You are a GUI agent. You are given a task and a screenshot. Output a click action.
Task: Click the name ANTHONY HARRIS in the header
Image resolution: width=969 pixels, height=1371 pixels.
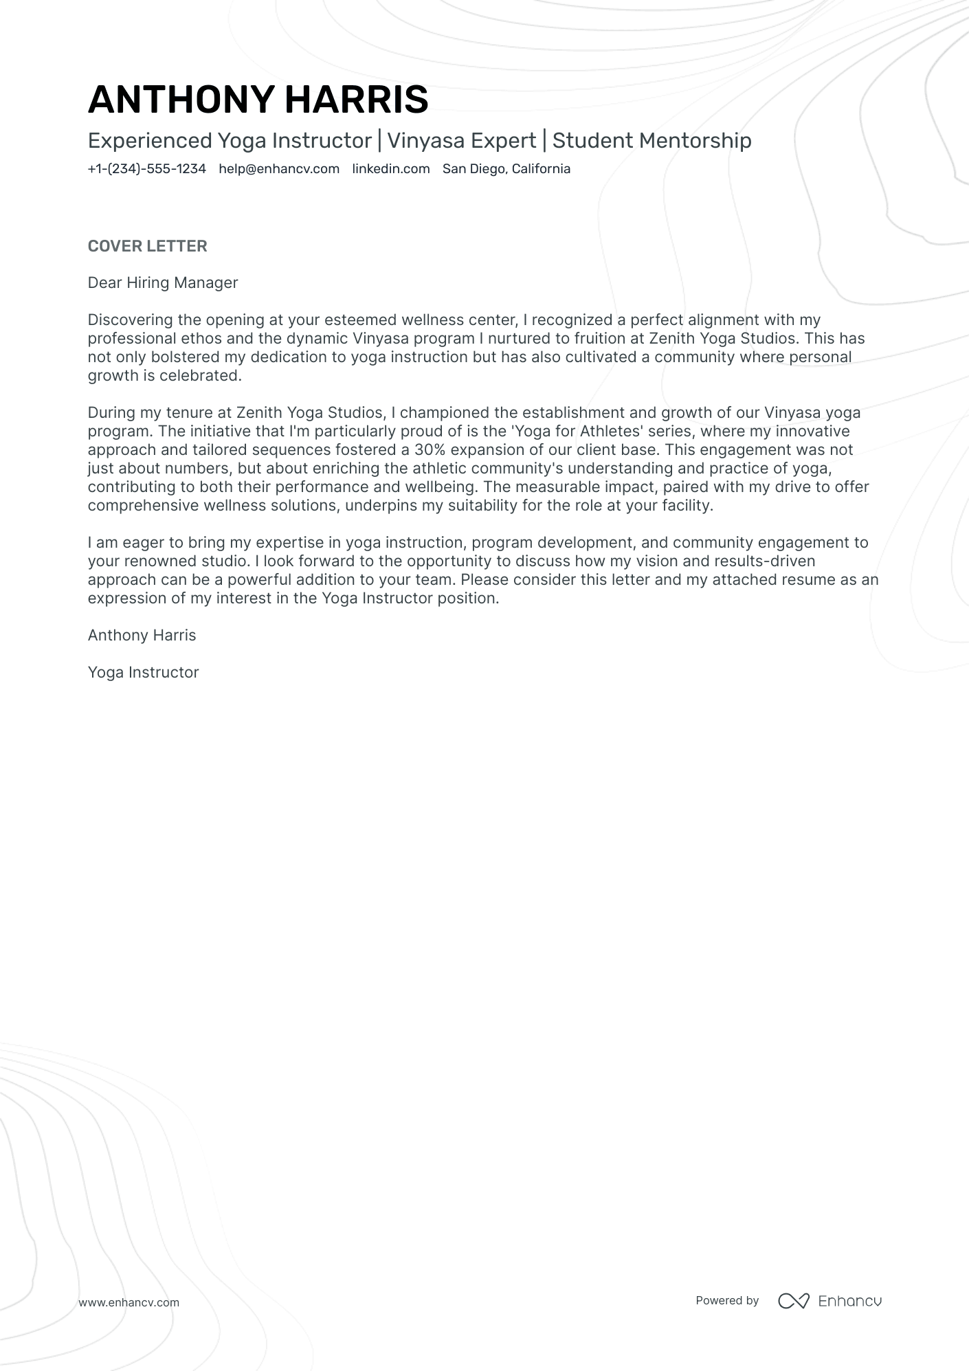point(258,100)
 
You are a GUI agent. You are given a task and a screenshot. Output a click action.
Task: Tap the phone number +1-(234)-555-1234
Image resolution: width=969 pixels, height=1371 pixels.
point(146,169)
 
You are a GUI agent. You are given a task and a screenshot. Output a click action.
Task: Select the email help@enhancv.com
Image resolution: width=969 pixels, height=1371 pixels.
point(279,169)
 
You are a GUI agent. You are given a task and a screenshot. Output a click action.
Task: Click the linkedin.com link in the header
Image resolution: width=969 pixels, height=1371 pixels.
point(390,169)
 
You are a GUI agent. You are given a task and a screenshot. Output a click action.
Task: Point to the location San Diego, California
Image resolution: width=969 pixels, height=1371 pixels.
point(506,169)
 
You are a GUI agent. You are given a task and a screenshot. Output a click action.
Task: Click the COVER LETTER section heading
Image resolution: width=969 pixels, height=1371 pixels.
point(147,246)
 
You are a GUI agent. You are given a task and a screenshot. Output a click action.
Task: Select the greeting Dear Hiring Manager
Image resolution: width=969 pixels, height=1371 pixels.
point(162,283)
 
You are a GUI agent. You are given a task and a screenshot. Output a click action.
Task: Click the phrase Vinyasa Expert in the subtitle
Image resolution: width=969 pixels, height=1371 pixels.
point(461,141)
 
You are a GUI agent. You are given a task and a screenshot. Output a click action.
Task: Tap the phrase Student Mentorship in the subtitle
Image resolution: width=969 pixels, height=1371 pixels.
point(651,141)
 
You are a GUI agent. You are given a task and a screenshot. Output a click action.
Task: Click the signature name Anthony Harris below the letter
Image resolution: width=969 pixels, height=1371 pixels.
point(142,636)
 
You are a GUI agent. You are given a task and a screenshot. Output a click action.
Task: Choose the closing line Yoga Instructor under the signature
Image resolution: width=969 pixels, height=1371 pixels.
point(143,673)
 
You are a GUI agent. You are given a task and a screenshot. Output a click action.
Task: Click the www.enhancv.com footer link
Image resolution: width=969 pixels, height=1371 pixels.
point(129,1302)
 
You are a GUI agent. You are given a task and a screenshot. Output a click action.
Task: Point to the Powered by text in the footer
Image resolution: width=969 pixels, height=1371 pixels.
point(726,1300)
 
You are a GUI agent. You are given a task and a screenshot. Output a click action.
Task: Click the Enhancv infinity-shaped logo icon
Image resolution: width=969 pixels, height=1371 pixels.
point(793,1301)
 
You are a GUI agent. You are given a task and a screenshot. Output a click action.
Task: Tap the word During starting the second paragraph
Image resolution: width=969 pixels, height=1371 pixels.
point(110,413)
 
